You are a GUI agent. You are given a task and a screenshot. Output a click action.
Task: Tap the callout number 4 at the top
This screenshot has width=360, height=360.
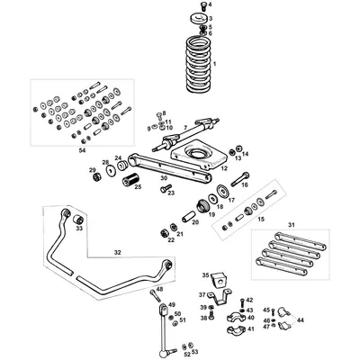tap(211, 5)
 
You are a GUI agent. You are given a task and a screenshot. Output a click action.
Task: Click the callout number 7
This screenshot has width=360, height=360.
tap(184, 129)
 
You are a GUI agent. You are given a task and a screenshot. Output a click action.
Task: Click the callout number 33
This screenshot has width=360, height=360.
tap(79, 229)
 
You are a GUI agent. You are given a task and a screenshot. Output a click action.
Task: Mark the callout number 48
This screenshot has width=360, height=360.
tap(159, 290)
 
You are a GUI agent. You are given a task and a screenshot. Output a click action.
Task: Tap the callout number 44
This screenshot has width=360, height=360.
tap(301, 320)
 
